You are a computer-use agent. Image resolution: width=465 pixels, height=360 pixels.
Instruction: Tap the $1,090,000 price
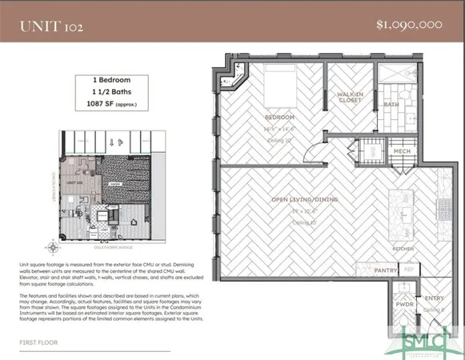408,25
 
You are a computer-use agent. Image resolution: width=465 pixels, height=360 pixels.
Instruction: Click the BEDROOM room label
276,116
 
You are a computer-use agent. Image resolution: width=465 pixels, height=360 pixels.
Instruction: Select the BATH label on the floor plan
391,105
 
